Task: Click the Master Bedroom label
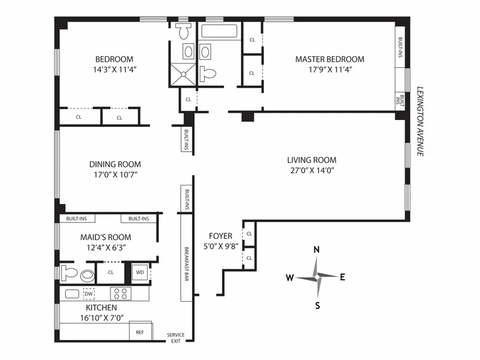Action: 329,59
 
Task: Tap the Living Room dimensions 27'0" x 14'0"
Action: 311,170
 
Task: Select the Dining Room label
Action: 115,164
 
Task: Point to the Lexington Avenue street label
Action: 420,121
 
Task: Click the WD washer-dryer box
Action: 140,272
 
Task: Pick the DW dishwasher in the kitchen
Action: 89,293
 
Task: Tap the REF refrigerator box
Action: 140,331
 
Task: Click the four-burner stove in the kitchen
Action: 121,293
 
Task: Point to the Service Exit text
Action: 176,338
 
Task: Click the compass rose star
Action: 317,277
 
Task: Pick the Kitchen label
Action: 101,308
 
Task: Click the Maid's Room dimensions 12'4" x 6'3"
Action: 106,247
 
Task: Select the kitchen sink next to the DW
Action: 72,293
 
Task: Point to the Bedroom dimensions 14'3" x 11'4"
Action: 114,68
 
